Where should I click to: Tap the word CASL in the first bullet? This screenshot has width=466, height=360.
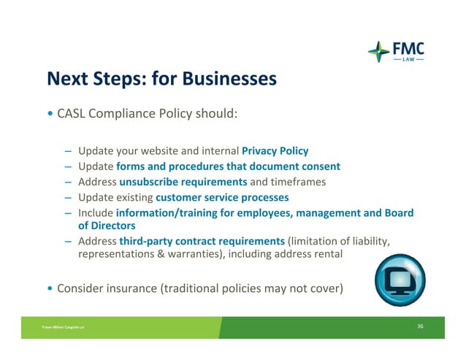pos(72,115)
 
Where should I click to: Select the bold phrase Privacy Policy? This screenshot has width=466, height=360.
pos(275,151)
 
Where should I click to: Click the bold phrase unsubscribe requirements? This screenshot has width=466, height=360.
pos(183,182)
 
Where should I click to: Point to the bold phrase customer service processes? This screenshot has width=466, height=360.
pos(222,197)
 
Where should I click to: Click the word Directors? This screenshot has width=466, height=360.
pos(110,226)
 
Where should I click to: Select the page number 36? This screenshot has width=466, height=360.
pos(420,326)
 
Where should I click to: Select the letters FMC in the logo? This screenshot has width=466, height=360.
pos(409,47)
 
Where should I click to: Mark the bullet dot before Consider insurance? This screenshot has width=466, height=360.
pos(50,288)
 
